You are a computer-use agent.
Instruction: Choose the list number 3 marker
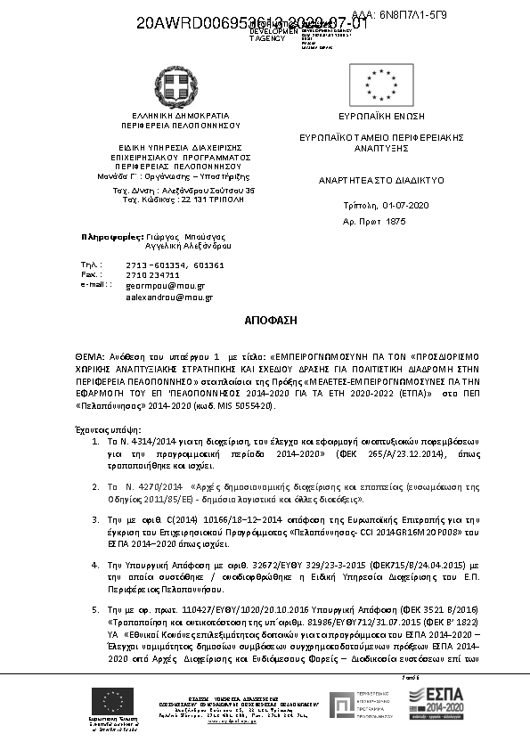point(95,518)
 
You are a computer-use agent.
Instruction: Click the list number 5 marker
point(95,607)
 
